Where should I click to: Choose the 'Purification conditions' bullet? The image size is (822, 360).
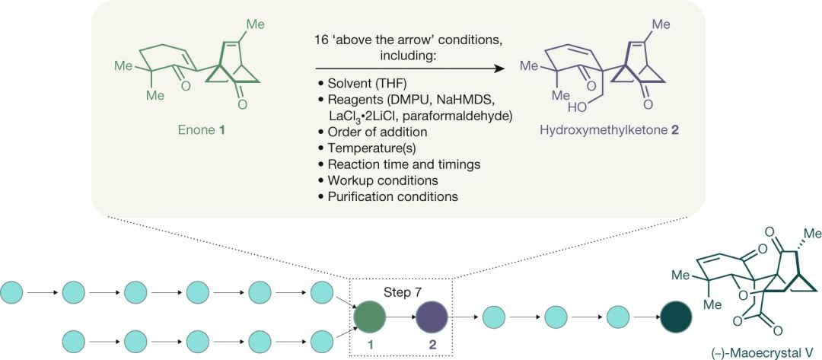[x=387, y=196]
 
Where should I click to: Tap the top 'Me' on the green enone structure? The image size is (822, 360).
[x=256, y=24]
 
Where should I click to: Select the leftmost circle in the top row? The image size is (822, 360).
[x=14, y=291]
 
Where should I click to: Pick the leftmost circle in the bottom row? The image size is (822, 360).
[x=73, y=335]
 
